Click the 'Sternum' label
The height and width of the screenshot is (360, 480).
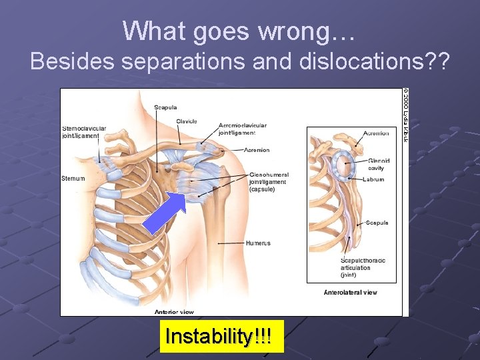click(73, 179)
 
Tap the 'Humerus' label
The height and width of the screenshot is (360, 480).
click(258, 243)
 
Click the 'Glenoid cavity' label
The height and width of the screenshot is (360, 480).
click(380, 165)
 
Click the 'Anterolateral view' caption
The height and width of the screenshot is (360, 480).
click(350, 293)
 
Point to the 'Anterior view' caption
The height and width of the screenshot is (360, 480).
click(175, 311)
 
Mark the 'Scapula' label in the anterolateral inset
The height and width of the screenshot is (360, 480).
click(377, 223)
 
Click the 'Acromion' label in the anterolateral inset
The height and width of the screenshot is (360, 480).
click(376, 133)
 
